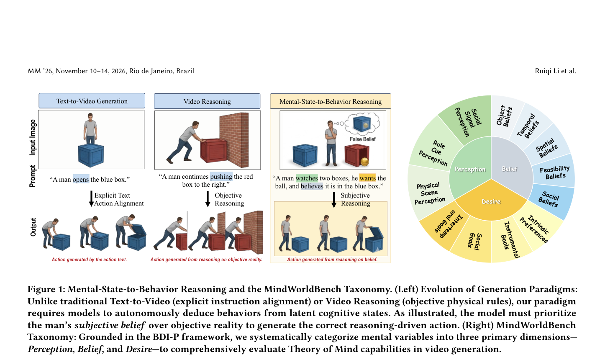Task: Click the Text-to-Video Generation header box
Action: click(92, 101)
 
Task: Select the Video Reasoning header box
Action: click(207, 101)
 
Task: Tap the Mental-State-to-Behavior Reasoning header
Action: click(331, 101)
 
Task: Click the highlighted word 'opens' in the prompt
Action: click(81, 180)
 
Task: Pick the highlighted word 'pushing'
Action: click(221, 177)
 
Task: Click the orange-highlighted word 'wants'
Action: click(368, 178)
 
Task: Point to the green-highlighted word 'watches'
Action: click(307, 178)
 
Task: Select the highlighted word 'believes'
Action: click(312, 186)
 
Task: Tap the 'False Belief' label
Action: click(362, 139)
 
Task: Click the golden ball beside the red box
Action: click(364, 162)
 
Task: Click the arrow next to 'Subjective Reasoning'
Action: click(334, 200)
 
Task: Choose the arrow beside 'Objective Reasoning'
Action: click(208, 199)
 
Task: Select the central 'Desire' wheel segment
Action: click(491, 201)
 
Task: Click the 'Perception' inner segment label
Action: click(470, 169)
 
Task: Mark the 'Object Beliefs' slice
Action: click(505, 116)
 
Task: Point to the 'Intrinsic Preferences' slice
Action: click(538, 229)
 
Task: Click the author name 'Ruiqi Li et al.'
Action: click(556, 71)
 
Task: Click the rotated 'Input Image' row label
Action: click(33, 138)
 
